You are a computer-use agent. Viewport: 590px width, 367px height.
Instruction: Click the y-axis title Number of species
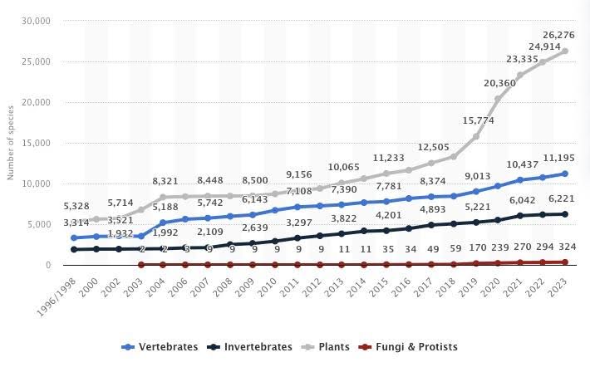click(x=11, y=143)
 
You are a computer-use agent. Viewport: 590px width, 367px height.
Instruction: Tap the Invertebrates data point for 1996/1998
click(x=75, y=249)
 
